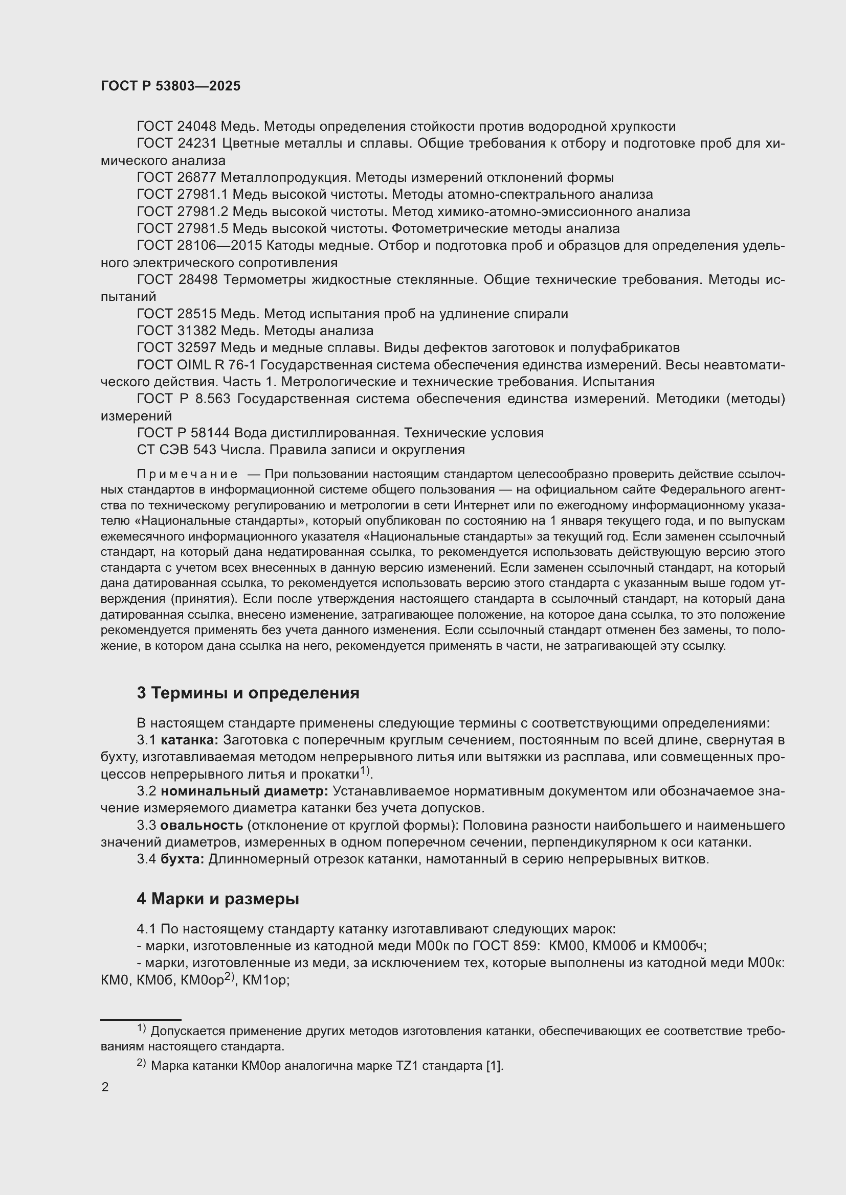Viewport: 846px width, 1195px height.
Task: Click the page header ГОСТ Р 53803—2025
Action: (x=170, y=86)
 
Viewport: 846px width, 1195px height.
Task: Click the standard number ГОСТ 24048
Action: (x=176, y=127)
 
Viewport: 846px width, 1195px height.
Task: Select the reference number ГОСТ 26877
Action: (x=176, y=177)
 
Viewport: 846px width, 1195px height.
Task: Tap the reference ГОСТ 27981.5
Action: (x=183, y=228)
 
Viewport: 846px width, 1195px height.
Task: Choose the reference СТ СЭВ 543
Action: (x=169, y=450)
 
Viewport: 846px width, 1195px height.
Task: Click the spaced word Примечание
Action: (x=187, y=474)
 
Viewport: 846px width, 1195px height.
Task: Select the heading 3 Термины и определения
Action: (x=248, y=693)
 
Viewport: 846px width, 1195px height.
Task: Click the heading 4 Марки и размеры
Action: (x=218, y=899)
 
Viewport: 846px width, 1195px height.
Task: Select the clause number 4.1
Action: (x=146, y=929)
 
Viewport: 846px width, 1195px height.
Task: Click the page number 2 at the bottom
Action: (x=105, y=1088)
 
